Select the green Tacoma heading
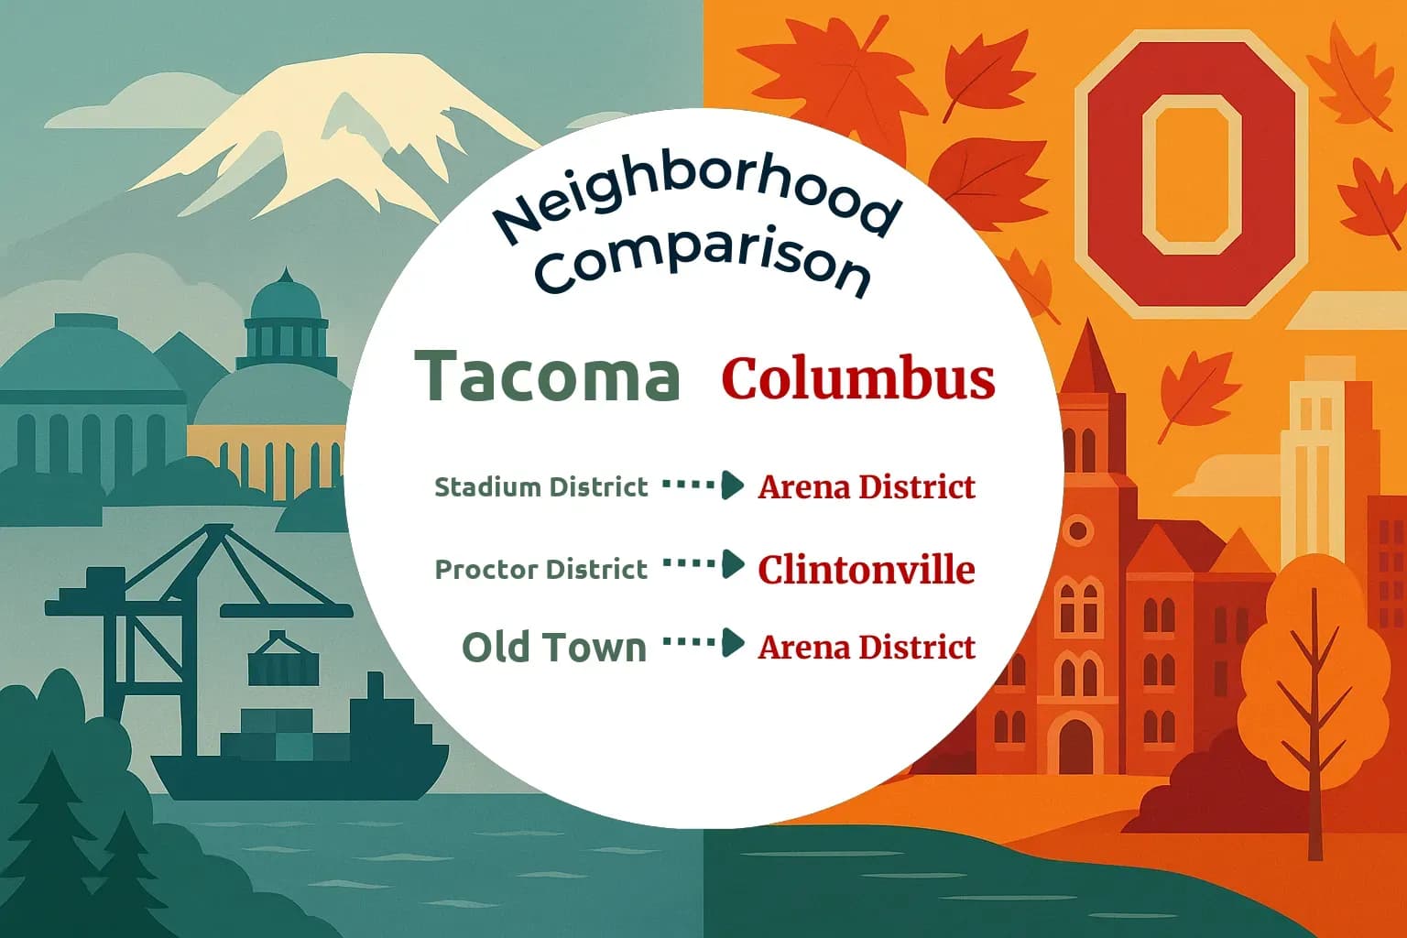click(x=548, y=376)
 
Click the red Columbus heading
click(x=857, y=377)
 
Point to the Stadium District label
click(x=540, y=486)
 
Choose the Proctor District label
click(x=540, y=569)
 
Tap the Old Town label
click(x=554, y=647)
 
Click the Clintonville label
click(x=866, y=569)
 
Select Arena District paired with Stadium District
click(x=866, y=486)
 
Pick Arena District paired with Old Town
click(x=866, y=647)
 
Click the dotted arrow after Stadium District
click(x=703, y=485)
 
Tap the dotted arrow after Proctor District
click(x=703, y=564)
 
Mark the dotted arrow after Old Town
click(x=703, y=643)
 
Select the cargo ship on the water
click(x=302, y=751)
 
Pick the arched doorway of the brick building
click(x=1075, y=744)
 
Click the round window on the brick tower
click(x=1078, y=529)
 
